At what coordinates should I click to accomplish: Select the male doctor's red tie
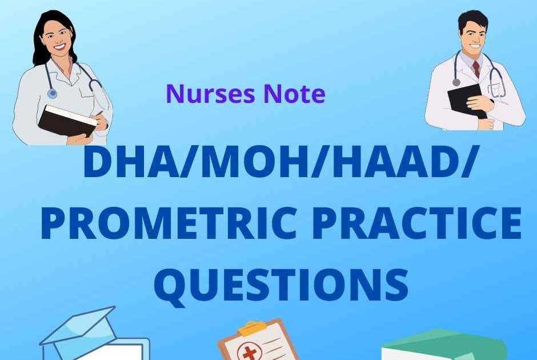point(476,69)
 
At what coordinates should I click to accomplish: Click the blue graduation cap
point(80,329)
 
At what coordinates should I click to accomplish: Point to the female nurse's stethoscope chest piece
point(53,93)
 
